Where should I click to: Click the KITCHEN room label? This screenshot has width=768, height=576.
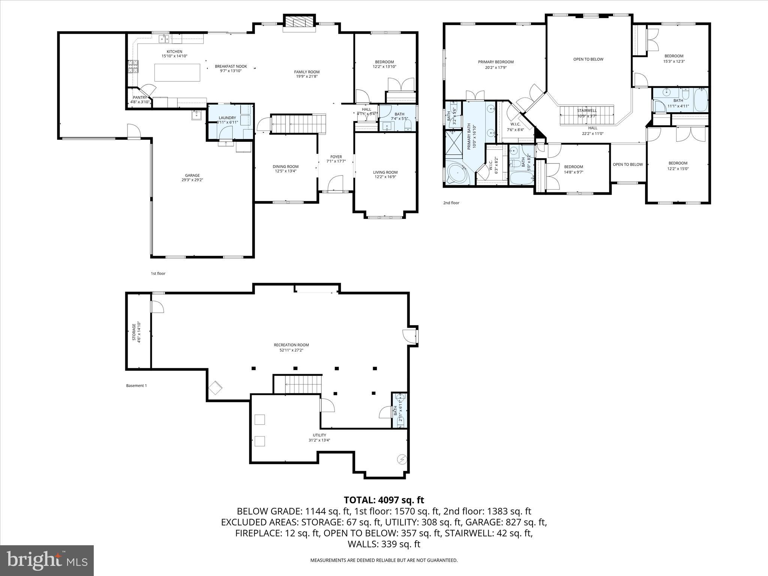point(174,51)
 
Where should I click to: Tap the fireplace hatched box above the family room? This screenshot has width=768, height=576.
point(298,21)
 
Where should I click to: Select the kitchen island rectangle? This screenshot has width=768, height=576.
point(177,72)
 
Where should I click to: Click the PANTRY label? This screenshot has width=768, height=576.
point(140,97)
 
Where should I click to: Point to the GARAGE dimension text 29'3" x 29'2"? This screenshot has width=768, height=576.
point(192,180)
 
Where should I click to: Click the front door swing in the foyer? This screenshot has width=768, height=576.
point(335,183)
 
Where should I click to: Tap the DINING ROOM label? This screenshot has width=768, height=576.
point(285,166)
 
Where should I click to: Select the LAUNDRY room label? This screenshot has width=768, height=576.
point(227,118)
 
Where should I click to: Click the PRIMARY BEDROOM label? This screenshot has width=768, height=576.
point(496,62)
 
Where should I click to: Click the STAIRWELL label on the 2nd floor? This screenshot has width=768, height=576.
point(587,111)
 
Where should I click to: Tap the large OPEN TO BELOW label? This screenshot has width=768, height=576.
point(588,59)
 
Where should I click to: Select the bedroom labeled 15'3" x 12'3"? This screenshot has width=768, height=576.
point(674,58)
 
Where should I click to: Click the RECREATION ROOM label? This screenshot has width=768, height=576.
point(291,345)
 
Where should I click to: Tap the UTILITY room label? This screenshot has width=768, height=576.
point(319,435)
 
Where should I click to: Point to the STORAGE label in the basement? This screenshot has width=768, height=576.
point(134,332)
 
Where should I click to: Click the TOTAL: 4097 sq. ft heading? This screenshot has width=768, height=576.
point(384,500)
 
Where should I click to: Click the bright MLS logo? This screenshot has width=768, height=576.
point(47,560)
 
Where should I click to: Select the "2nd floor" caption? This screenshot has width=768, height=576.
point(451,203)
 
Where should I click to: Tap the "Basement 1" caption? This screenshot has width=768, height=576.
point(136,385)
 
